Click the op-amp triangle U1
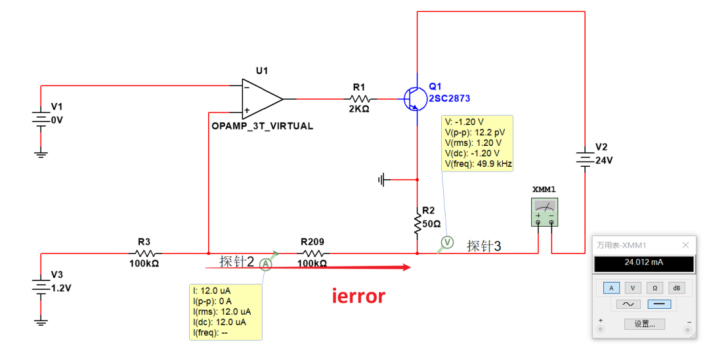261,99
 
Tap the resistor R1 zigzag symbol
360,99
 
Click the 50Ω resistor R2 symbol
418,221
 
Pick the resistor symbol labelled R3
144,254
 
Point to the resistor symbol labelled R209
313,254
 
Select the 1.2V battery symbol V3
41,286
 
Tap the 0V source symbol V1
41,119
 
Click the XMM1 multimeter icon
544,212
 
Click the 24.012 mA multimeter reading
643,262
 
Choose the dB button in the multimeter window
676,288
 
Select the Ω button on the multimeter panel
655,288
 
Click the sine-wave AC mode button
628,304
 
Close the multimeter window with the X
685,245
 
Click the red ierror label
358,296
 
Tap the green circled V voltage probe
447,243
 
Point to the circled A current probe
266,264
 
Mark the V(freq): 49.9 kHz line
478,164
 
